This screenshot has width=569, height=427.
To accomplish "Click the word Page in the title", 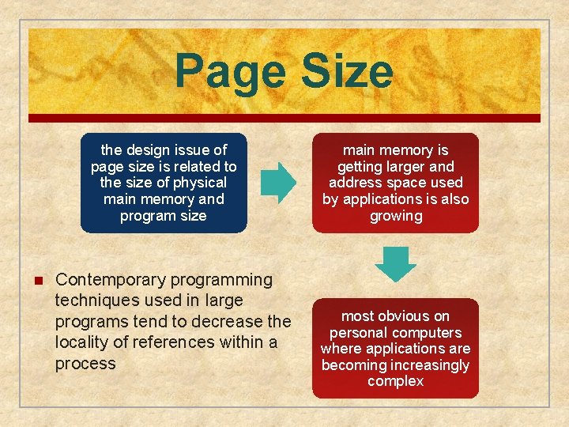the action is (x=226, y=71).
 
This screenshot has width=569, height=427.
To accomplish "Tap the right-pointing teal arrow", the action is (x=279, y=181).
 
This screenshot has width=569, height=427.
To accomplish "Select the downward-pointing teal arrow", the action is (x=395, y=264).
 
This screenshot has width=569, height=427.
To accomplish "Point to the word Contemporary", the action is (x=108, y=279).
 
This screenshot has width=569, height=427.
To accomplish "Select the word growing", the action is (x=396, y=216).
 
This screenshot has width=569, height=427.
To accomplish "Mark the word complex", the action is (x=396, y=381).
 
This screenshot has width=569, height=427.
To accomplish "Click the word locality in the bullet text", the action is (x=83, y=342).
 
